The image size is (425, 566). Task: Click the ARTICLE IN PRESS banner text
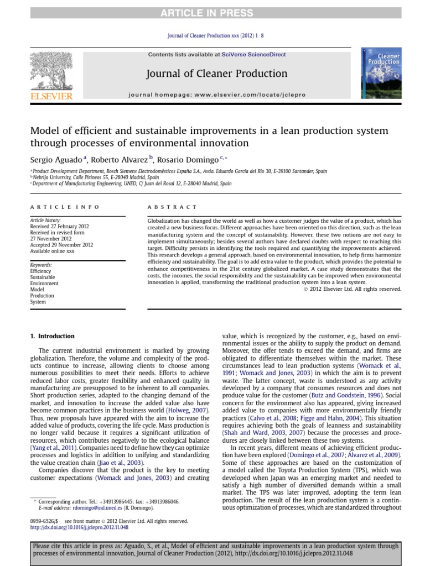coord(212,13)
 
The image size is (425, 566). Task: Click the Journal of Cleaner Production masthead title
coord(216,74)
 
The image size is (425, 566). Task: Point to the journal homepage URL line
coord(216,95)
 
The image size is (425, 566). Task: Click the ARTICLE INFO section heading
coord(65,207)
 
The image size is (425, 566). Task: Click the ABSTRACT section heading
coord(172,207)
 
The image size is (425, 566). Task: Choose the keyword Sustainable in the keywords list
coord(43,277)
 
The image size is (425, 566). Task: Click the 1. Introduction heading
coord(52,336)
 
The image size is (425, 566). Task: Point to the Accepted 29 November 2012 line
coord(61,245)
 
